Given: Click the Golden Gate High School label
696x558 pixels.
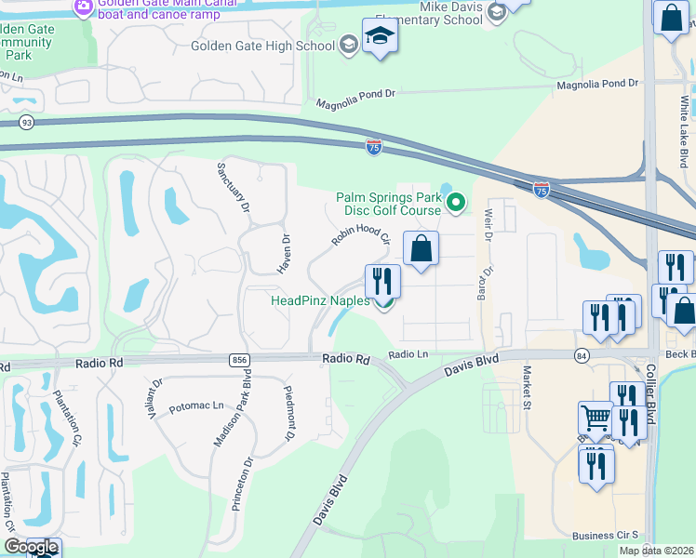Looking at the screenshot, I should (262, 46).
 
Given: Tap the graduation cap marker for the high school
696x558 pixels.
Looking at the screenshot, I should (380, 37).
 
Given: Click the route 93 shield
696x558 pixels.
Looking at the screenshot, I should (26, 123).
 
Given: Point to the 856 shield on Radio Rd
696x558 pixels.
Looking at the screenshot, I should (239, 359).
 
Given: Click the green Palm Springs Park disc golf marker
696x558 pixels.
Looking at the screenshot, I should (456, 202).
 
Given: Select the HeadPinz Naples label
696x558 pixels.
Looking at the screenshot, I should (320, 300).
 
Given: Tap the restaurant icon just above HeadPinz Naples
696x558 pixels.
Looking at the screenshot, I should (382, 280).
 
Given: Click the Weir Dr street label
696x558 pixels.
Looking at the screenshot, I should (487, 223).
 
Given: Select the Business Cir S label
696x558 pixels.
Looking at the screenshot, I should (605, 536).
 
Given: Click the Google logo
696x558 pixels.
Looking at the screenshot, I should (30, 548).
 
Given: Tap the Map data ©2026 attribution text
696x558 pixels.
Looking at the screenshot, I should (655, 551).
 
